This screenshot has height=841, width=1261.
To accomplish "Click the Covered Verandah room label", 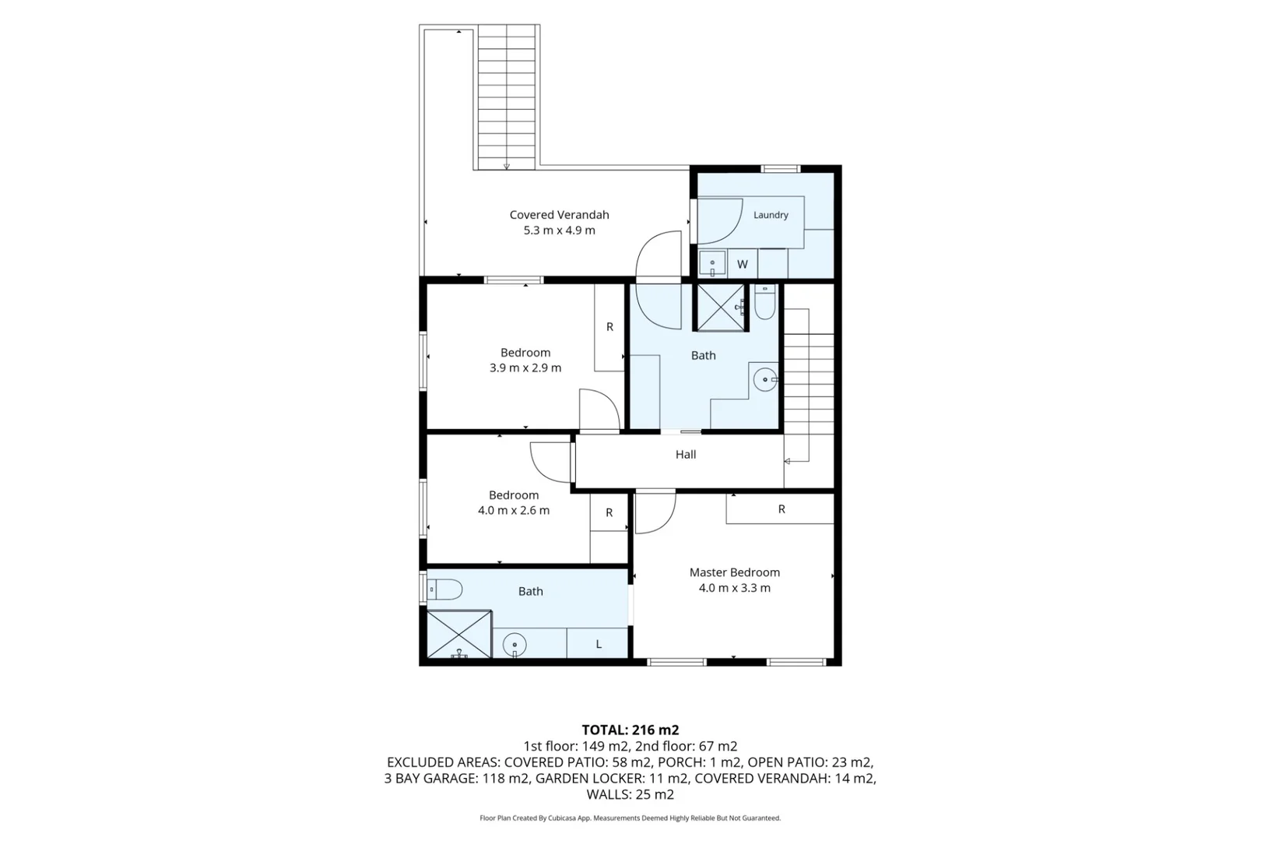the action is click(x=559, y=215).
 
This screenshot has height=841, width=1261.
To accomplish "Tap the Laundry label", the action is click(x=771, y=215).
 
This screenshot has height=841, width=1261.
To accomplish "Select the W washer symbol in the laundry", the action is click(x=743, y=264).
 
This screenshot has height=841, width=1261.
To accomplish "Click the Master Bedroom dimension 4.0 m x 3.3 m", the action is click(x=735, y=588).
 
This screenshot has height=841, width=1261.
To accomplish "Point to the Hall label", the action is click(x=686, y=455).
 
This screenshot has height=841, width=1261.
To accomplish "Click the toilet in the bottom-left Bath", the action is click(x=444, y=589).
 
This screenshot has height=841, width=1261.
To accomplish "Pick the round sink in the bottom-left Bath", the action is click(x=515, y=645).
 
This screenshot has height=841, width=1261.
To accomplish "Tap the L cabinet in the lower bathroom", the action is click(x=597, y=643).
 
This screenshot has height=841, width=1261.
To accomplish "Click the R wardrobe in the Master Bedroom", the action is click(x=780, y=509).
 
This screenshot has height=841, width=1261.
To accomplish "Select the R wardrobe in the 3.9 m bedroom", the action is click(x=609, y=327).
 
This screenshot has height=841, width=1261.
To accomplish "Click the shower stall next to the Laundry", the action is click(x=721, y=308).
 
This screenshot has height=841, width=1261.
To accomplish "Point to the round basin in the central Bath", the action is click(x=765, y=380).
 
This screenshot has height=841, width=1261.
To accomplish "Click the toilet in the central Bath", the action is click(x=764, y=302).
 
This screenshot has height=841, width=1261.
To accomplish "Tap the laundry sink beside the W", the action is click(x=712, y=264).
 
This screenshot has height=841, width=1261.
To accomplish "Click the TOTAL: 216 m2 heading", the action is click(x=630, y=730).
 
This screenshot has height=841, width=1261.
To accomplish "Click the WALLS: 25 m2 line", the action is click(x=630, y=795).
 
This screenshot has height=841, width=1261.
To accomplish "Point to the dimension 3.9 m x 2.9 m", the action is click(x=525, y=368).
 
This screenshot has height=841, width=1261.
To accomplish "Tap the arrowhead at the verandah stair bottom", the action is click(x=507, y=167).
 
